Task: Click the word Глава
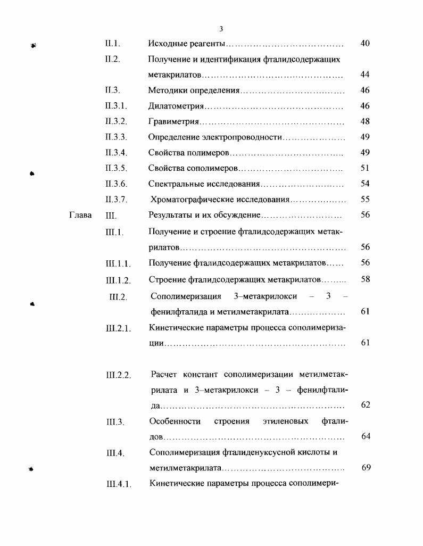pos(80,216)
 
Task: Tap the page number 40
pos(365,43)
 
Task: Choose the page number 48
pos(365,121)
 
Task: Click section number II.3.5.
pos(116,168)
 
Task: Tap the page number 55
pos(365,200)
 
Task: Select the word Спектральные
pos(176,184)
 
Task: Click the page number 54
pos(365,184)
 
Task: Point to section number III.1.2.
pos(119,280)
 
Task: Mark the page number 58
pos(365,279)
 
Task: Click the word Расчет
pos(164,375)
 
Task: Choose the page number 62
pos(366,405)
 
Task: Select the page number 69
pos(366,468)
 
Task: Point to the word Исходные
pos(167,43)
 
